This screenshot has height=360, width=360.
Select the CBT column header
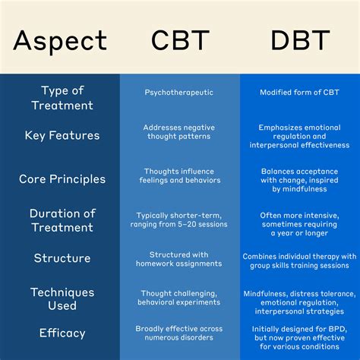180,39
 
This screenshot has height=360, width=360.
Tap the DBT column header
299,39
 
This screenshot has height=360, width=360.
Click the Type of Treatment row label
62,98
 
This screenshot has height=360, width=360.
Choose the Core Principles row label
62,179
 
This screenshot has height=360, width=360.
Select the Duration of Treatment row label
62,219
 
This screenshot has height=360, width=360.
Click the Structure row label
62,257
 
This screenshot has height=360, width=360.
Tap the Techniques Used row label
62,298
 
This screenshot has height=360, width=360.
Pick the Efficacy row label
62,332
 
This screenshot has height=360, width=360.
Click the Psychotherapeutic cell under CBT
180,93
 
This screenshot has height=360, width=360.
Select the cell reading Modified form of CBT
299,93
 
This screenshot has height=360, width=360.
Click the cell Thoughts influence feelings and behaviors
180,176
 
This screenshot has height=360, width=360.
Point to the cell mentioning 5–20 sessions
180,220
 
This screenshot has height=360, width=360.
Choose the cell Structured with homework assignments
180,259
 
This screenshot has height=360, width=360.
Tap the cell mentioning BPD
299,336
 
